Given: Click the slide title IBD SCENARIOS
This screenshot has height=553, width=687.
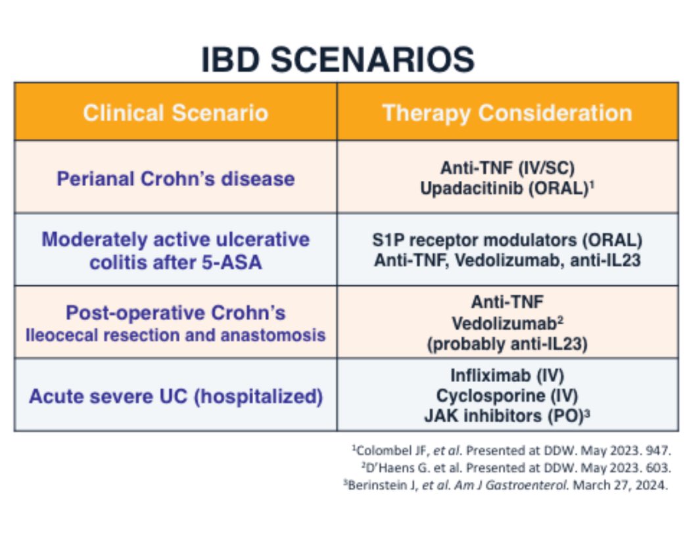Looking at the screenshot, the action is coord(338,60).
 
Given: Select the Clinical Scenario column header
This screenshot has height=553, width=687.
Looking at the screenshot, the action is coord(176,112).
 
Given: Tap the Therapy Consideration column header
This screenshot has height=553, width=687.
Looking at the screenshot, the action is coord(508,113).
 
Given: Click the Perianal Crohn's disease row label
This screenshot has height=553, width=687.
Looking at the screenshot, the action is coord(176,179).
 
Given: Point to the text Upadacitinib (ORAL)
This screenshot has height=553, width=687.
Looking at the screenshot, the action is coord(504,189).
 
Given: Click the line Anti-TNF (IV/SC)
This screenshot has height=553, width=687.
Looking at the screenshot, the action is coord(508,168).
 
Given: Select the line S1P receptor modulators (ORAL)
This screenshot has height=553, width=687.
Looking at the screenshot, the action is coord(508,240).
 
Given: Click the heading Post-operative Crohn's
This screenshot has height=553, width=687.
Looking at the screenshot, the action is coord(176,313).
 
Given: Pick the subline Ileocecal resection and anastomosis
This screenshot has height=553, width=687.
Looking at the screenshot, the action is coord(176,335).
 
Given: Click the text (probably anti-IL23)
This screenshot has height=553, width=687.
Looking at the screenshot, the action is coord(508,344).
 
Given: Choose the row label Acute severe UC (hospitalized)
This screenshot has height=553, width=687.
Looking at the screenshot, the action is coord(176,397).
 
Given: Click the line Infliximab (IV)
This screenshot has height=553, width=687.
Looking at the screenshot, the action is coord(508,375).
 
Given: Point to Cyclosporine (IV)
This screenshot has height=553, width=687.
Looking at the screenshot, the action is coord(508,396).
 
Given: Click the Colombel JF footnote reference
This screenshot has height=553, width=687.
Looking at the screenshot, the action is coord(511,450).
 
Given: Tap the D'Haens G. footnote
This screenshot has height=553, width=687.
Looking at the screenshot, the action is coord(516,468).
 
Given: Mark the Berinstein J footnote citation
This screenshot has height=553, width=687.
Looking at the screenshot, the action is coord(506,485).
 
